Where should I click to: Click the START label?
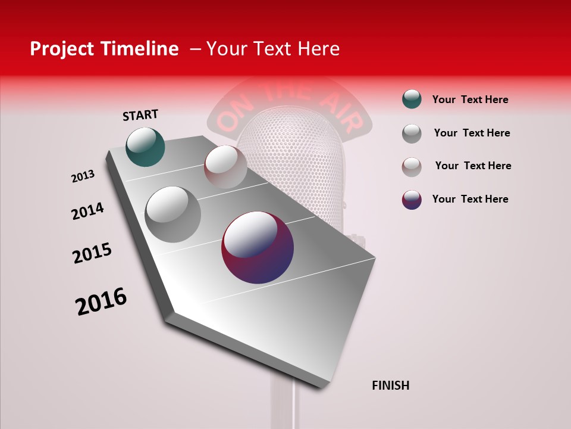tap(140, 115)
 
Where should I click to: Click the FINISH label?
tap(391, 386)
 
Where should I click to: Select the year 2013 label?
tap(83, 176)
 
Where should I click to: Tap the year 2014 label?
tap(87, 211)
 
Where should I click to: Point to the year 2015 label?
tap(92, 253)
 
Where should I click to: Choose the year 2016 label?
tap(101, 301)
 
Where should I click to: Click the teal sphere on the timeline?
tap(145, 147)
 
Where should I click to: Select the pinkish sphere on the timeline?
tap(225, 166)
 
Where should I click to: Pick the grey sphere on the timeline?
tap(172, 214)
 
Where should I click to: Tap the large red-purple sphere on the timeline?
tap(258, 247)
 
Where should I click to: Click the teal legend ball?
tap(412, 100)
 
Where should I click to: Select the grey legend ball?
tap(412, 133)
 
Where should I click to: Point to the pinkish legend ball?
tap(412, 167)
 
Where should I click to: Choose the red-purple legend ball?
tap(412, 200)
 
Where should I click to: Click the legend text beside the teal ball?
tap(470, 100)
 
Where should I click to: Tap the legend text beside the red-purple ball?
tap(470, 199)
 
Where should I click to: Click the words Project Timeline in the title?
tap(104, 49)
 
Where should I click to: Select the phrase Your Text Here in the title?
tap(272, 49)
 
